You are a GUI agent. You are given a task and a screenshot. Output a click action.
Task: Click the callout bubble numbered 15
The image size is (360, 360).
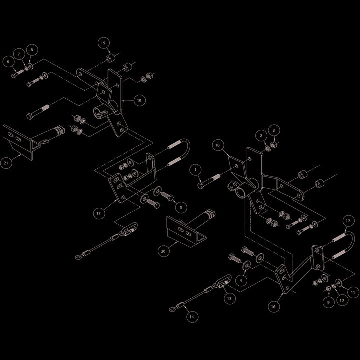pyautogui.click(x=104, y=43)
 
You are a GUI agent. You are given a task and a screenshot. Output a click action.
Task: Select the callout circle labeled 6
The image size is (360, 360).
pyautogui.click(x=8, y=61)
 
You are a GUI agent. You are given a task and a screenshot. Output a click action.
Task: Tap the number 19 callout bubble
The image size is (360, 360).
pyautogui.click(x=139, y=100)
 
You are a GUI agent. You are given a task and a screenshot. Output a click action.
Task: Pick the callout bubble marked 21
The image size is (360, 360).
pyautogui.click(x=6, y=163)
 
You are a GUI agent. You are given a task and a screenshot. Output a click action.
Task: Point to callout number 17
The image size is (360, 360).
pyautogui.click(x=99, y=213)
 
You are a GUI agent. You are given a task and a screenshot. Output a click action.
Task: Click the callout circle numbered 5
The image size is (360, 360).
pyautogui.click(x=181, y=207)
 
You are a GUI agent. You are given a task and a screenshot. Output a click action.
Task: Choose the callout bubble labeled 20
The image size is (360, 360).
pyautogui.click(x=163, y=251)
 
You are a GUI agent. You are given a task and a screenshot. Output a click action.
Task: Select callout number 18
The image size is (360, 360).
pyautogui.click(x=218, y=145)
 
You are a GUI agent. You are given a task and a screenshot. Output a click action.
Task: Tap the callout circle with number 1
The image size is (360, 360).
pyautogui.click(x=196, y=170)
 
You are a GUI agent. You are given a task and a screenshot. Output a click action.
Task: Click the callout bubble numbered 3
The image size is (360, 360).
pyautogui.click(x=274, y=130)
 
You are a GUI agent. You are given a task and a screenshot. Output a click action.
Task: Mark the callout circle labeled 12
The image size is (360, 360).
pyautogui.click(x=348, y=221)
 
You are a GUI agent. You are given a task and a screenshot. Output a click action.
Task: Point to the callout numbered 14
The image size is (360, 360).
pyautogui.click(x=192, y=317)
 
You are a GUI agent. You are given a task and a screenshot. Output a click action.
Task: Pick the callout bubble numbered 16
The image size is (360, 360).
pyautogui.click(x=273, y=306)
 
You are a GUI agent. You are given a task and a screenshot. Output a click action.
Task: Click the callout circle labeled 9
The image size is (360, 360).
pyautogui.click(x=328, y=302)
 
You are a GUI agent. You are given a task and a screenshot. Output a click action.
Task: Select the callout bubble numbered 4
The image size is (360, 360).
pyautogui.click(x=241, y=280)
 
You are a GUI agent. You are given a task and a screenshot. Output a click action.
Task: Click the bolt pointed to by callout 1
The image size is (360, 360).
pyautogui.click(x=209, y=181)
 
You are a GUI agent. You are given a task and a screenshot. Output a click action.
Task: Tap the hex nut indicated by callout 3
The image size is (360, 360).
pyautogui.click(x=273, y=145)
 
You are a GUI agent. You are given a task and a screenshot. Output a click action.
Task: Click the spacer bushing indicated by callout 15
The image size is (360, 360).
pyautogui.click(x=111, y=58)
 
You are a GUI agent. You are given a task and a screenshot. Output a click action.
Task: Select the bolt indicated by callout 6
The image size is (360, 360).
pyautogui.click(x=17, y=73)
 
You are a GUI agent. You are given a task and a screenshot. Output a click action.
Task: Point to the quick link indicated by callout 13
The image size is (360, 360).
pyautogui.click(x=224, y=280)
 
